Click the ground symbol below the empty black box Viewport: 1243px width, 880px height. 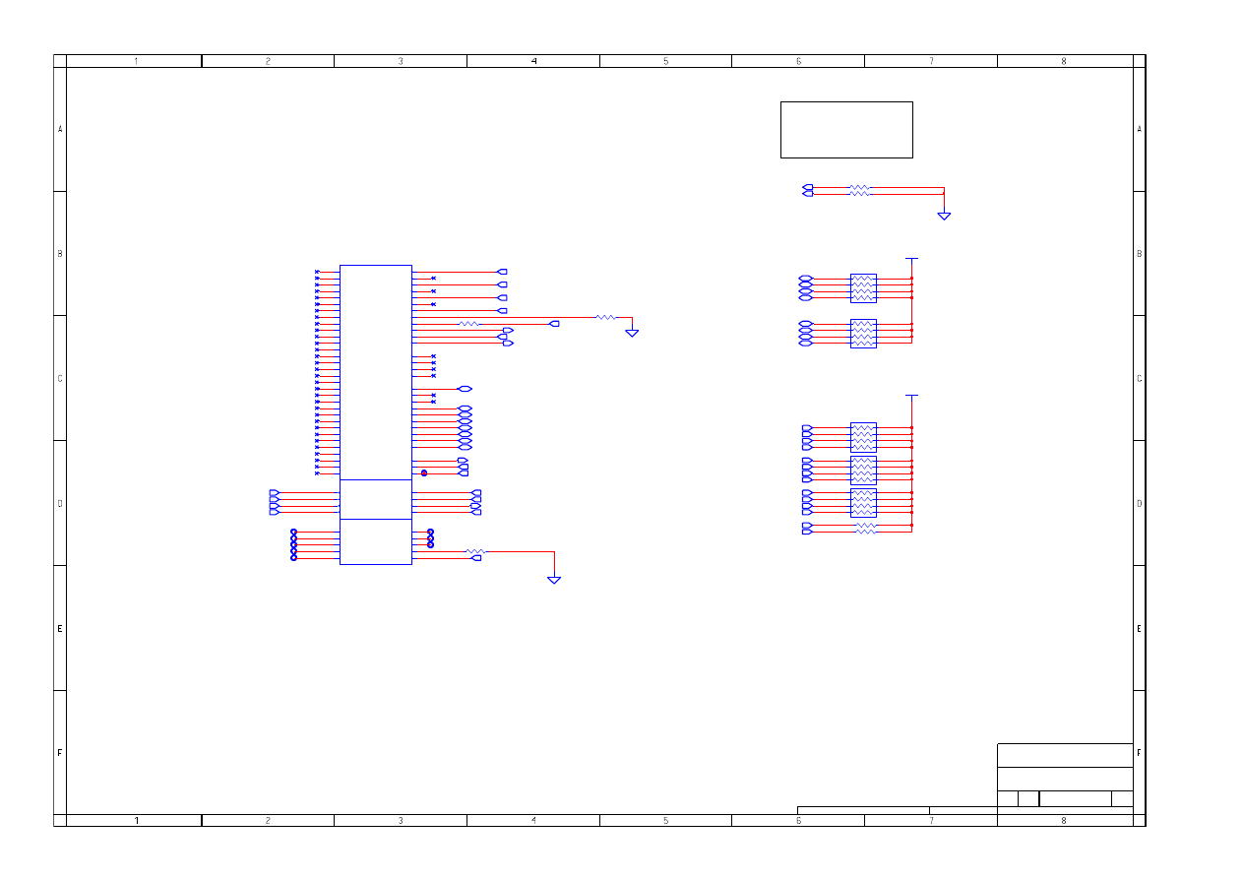click(944, 216)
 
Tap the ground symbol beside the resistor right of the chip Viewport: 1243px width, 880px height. click(632, 333)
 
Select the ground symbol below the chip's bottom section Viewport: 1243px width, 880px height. click(554, 580)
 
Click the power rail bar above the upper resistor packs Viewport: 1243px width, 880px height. click(911, 259)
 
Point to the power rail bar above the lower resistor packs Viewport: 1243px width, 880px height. click(911, 396)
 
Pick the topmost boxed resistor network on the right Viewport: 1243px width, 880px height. click(863, 288)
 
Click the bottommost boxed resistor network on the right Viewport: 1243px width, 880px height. click(863, 503)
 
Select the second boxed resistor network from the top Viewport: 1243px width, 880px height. click(863, 334)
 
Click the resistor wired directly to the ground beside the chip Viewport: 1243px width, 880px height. click(605, 317)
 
